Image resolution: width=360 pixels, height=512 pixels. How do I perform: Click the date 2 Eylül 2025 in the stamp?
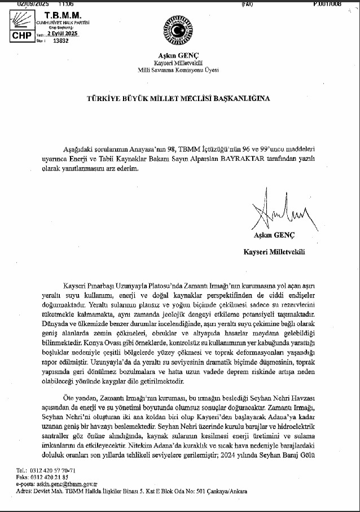click(x=62, y=34)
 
